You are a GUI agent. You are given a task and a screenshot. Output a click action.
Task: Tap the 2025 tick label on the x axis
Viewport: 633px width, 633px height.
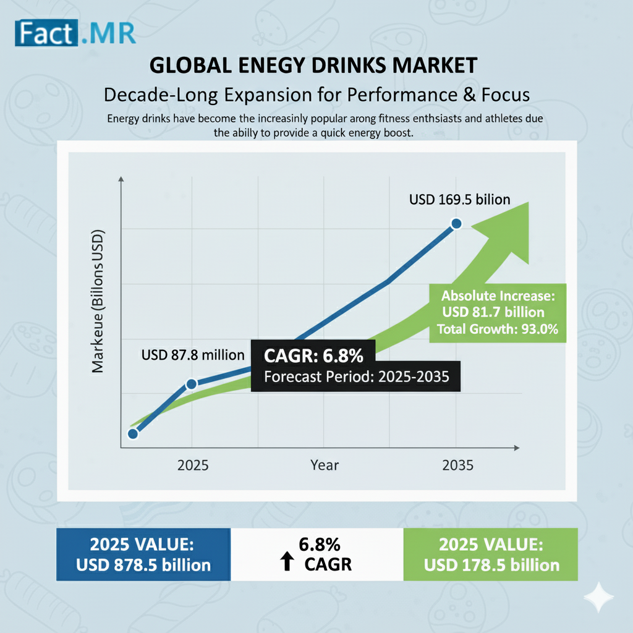click(193, 465)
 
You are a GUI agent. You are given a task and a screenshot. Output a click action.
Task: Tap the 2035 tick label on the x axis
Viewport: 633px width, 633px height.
click(458, 465)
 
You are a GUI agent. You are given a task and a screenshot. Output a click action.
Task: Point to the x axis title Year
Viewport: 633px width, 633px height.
click(325, 465)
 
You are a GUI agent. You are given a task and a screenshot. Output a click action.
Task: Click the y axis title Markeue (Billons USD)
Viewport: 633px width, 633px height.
click(98, 301)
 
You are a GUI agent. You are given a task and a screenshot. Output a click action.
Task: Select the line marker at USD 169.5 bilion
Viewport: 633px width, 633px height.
click(456, 224)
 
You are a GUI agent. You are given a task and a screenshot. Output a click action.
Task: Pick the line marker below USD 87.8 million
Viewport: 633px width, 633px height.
click(191, 384)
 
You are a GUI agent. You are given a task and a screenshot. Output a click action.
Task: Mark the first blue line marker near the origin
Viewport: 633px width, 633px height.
click(132, 433)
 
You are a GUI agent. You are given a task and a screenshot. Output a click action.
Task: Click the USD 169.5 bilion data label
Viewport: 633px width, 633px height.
click(459, 200)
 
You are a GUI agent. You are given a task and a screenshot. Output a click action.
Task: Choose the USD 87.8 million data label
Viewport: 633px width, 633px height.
click(193, 355)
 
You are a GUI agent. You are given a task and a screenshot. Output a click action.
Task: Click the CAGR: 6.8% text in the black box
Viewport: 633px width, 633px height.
click(313, 357)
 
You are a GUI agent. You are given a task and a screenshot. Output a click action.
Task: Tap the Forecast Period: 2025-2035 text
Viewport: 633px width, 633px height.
click(356, 377)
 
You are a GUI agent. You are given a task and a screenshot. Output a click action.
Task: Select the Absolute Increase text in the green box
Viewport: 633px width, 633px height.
click(498, 295)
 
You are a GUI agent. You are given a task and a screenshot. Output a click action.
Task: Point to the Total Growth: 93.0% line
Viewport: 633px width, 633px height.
click(498, 329)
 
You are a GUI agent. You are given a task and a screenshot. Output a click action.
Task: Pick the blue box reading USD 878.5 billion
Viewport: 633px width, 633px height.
click(143, 554)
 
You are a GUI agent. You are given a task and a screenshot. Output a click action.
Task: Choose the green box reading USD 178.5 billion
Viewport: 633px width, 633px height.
click(491, 554)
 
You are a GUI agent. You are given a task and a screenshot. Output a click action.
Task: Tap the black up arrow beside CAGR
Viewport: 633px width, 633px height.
click(286, 563)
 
